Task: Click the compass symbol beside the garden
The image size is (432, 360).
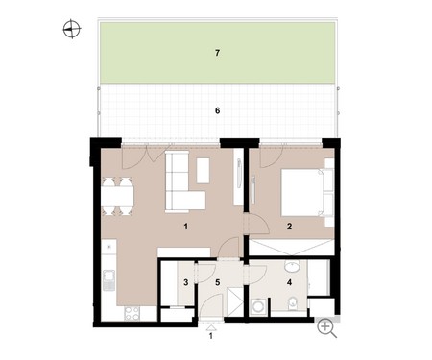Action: click(x=71, y=29)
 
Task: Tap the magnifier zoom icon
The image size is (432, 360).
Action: click(x=326, y=328)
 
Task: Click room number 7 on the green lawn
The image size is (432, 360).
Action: click(x=218, y=53)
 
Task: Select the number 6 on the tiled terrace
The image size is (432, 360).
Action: click(x=218, y=110)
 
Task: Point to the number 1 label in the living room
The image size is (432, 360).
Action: click(x=186, y=227)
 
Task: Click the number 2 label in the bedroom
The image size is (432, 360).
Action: click(x=289, y=227)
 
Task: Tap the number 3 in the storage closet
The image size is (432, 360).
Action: click(x=186, y=282)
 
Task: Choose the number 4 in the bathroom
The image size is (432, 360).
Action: click(x=289, y=282)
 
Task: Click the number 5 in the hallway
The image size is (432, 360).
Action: click(x=218, y=282)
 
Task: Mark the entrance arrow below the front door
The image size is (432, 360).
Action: click(x=211, y=327)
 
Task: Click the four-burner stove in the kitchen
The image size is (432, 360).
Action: click(x=132, y=313)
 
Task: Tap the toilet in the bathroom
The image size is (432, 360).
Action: click(x=293, y=303)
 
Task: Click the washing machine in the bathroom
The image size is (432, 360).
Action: click(x=258, y=306)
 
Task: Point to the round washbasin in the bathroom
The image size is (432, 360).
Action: click(x=292, y=266)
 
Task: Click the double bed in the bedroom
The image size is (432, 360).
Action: click(x=307, y=193)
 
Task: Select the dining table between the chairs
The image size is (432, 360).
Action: click(x=117, y=196)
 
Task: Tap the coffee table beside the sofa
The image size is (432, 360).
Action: click(x=203, y=171)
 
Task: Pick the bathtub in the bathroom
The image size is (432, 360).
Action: click(x=318, y=277)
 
